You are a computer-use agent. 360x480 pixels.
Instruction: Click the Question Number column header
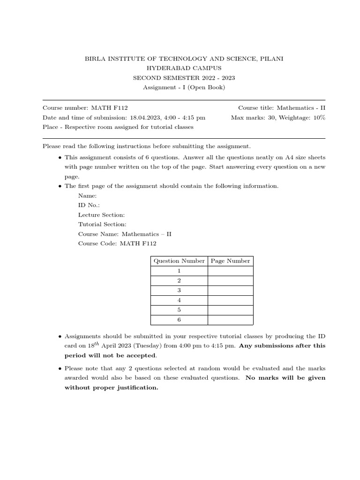pyautogui.click(x=179, y=261)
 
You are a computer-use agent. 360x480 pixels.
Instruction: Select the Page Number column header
pyautogui.click(x=230, y=261)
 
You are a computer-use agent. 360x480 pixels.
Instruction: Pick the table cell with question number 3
pyautogui.click(x=179, y=291)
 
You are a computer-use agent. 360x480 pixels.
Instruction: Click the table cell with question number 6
pyautogui.click(x=179, y=320)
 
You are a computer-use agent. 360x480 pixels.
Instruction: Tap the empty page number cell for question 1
pyautogui.click(x=230, y=271)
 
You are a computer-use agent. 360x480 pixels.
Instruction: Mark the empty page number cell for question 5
pyautogui.click(x=230, y=310)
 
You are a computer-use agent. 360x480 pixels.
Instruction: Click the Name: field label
pyautogui.click(x=88, y=195)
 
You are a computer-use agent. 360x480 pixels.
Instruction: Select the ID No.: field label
pyautogui.click(x=89, y=205)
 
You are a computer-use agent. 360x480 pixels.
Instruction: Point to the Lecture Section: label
pyautogui.click(x=101, y=215)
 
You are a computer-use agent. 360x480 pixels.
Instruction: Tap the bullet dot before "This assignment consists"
pyautogui.click(x=60, y=157)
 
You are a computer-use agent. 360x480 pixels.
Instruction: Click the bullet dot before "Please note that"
pyautogui.click(x=60, y=369)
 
